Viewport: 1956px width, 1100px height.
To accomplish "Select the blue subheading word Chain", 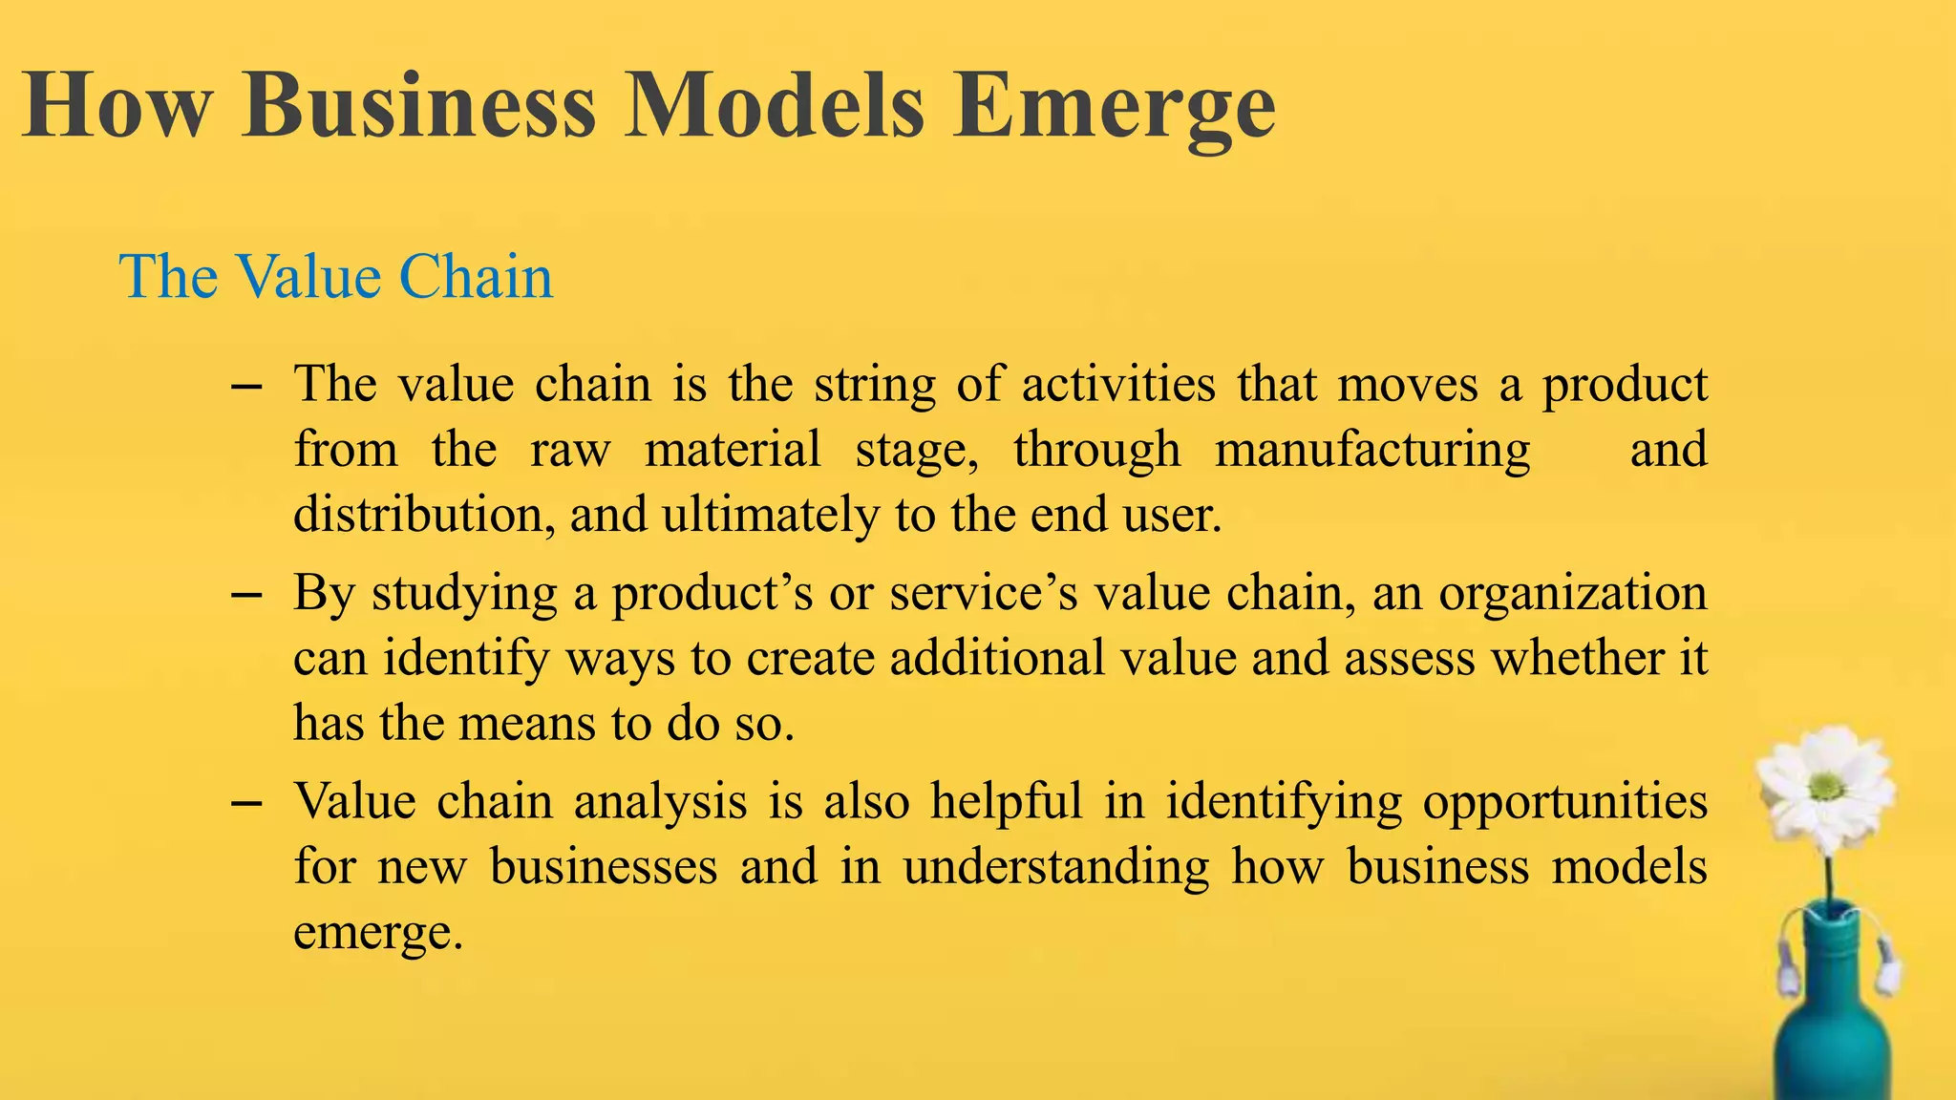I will pyautogui.click(x=476, y=277).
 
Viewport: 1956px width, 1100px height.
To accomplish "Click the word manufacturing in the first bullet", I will pyautogui.click(x=1372, y=449).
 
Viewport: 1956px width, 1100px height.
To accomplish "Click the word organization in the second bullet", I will pyautogui.click(x=1573, y=593).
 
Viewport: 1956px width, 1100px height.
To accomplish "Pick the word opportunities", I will pyautogui.click(x=1565, y=800).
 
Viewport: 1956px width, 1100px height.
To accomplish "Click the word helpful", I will pyautogui.click(x=1007, y=800).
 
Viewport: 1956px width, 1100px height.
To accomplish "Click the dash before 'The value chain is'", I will pyautogui.click(x=246, y=387).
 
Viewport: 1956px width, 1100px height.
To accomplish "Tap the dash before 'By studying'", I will pyautogui.click(x=246, y=595).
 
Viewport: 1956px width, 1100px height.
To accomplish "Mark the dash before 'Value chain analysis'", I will pyautogui.click(x=246, y=803).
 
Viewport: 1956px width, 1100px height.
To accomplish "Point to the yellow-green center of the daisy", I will pyautogui.click(x=1826, y=787).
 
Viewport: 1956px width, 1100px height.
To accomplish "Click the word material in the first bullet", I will pyautogui.click(x=733, y=449).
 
